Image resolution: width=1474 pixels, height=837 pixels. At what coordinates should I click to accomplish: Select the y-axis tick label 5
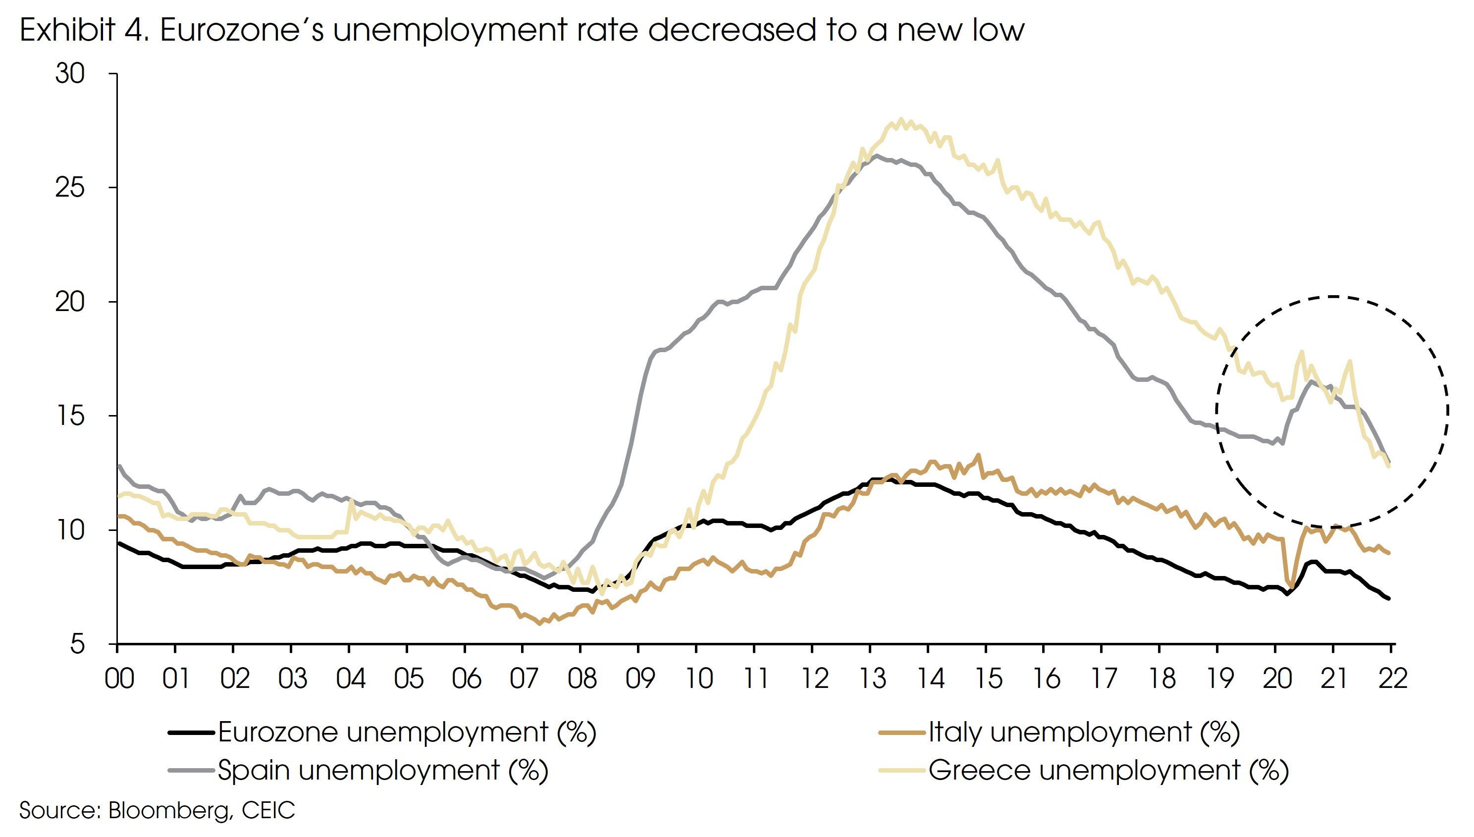[x=77, y=644]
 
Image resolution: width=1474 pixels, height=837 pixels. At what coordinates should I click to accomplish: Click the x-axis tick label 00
[x=119, y=679]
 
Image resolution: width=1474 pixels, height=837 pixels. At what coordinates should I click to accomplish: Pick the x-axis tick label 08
[x=582, y=679]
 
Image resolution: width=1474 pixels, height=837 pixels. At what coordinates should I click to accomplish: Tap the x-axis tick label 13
[x=872, y=679]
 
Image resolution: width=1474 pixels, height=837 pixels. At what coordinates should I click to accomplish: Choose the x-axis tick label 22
[x=1392, y=679]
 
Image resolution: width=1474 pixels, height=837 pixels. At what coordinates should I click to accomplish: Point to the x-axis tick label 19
[x=1219, y=679]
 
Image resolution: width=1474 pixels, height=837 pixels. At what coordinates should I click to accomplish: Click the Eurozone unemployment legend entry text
[x=407, y=732]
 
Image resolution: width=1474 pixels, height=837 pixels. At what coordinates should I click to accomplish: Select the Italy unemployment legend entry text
[x=1084, y=732]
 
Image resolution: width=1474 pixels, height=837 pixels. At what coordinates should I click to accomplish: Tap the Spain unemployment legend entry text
[x=383, y=770]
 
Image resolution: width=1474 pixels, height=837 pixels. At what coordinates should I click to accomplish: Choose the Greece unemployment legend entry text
[x=1108, y=770]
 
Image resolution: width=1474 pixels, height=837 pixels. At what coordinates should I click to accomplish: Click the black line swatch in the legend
[x=192, y=733]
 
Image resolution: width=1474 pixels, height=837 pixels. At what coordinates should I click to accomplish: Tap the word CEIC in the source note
[x=268, y=811]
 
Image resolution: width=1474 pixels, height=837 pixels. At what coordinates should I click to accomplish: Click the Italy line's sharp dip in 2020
[x=1291, y=586]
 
